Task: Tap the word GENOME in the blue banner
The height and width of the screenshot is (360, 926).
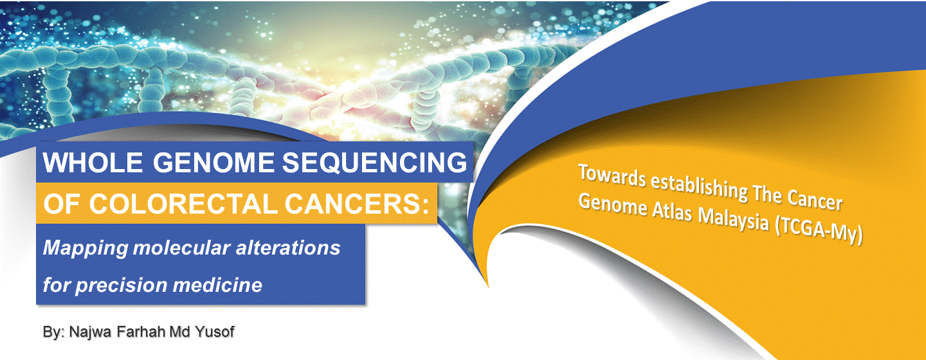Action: (x=213, y=162)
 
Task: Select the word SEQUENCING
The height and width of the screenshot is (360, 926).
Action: (x=374, y=162)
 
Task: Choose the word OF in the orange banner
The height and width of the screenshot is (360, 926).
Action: (x=62, y=204)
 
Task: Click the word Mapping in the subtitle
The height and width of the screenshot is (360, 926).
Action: (x=86, y=249)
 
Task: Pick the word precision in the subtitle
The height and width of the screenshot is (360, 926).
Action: (x=121, y=285)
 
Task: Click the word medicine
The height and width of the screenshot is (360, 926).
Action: (x=217, y=285)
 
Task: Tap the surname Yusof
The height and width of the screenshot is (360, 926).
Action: (x=214, y=332)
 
